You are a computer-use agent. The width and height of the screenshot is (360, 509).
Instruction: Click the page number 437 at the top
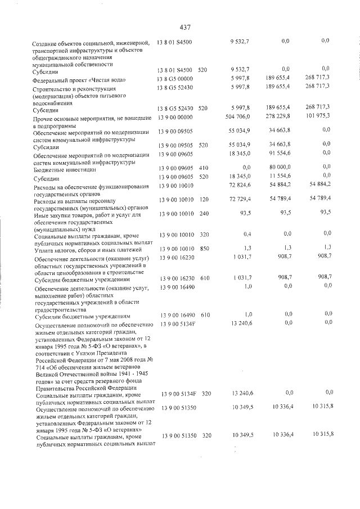pyautogui.click(x=186, y=26)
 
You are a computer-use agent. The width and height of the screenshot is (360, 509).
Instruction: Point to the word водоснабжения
pyautogui.click(x=57, y=103)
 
